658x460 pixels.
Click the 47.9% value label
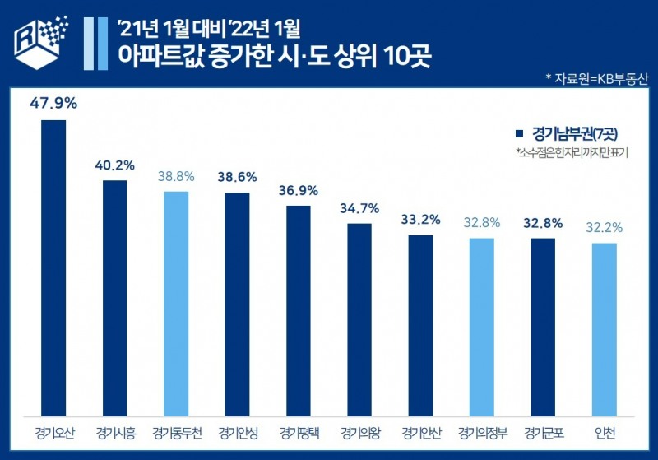(x=53, y=104)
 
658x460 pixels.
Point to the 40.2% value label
(x=114, y=165)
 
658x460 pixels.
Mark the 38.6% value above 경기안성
(x=237, y=177)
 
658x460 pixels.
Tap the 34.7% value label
(x=359, y=208)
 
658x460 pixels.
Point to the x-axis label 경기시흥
(x=114, y=433)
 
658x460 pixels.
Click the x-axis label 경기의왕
(x=359, y=433)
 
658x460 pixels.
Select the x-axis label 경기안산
(x=420, y=433)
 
